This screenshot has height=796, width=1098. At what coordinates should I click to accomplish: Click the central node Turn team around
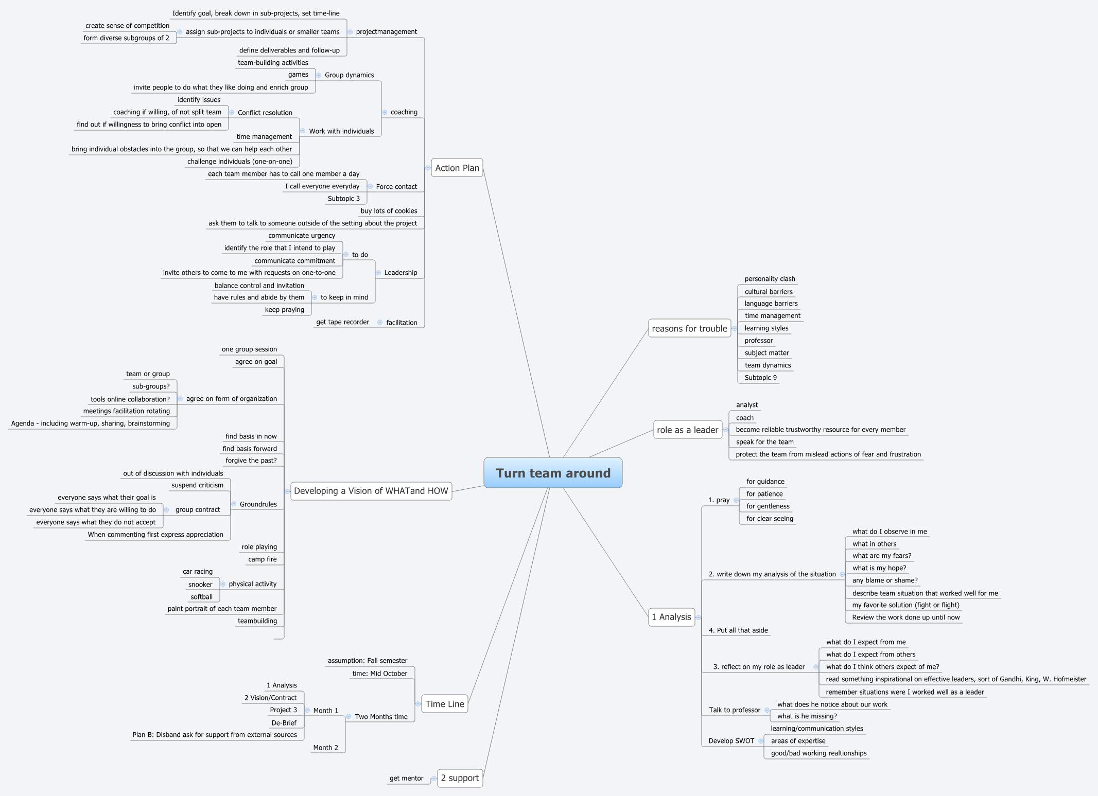coord(553,473)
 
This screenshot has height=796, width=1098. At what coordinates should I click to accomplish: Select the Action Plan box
coord(457,168)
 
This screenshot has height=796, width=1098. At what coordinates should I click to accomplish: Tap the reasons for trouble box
coord(689,328)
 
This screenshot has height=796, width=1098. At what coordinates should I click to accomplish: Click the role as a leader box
coord(687,430)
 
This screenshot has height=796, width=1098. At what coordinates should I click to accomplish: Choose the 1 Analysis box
coord(671,616)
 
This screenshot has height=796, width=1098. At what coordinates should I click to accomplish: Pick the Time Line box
coord(445,704)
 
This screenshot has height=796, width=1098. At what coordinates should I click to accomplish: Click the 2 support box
coord(460,777)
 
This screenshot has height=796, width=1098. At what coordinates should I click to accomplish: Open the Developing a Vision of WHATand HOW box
coord(371,491)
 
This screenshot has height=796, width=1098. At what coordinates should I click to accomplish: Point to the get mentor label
coord(406,778)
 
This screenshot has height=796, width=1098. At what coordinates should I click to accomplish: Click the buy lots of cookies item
coord(389,211)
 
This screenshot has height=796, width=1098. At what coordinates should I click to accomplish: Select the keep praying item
coord(284,310)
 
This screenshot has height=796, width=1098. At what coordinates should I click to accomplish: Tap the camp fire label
coord(262,559)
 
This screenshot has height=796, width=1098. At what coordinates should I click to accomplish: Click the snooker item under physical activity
coord(200,585)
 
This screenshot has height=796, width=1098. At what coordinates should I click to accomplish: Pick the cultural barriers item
coord(768,292)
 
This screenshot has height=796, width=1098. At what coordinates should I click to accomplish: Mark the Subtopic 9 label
coord(760,378)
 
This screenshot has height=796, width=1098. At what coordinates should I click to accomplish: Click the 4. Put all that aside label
coord(738,630)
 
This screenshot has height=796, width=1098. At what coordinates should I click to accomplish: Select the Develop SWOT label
coord(731,741)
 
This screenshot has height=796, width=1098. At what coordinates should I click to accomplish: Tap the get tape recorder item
coord(342,322)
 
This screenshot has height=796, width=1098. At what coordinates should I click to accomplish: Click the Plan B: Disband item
coord(214,735)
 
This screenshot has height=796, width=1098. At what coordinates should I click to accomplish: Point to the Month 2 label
coord(325,748)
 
